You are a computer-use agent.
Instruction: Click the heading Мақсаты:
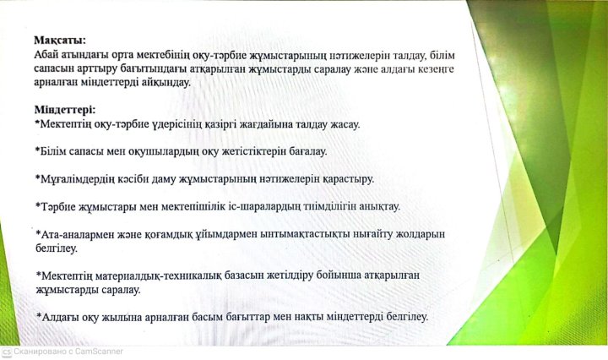click(60, 41)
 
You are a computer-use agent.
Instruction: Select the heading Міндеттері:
click(65, 110)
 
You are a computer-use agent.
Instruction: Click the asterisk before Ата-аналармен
click(38, 233)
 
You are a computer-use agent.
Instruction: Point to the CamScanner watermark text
click(68, 352)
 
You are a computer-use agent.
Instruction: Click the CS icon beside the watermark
click(7, 352)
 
